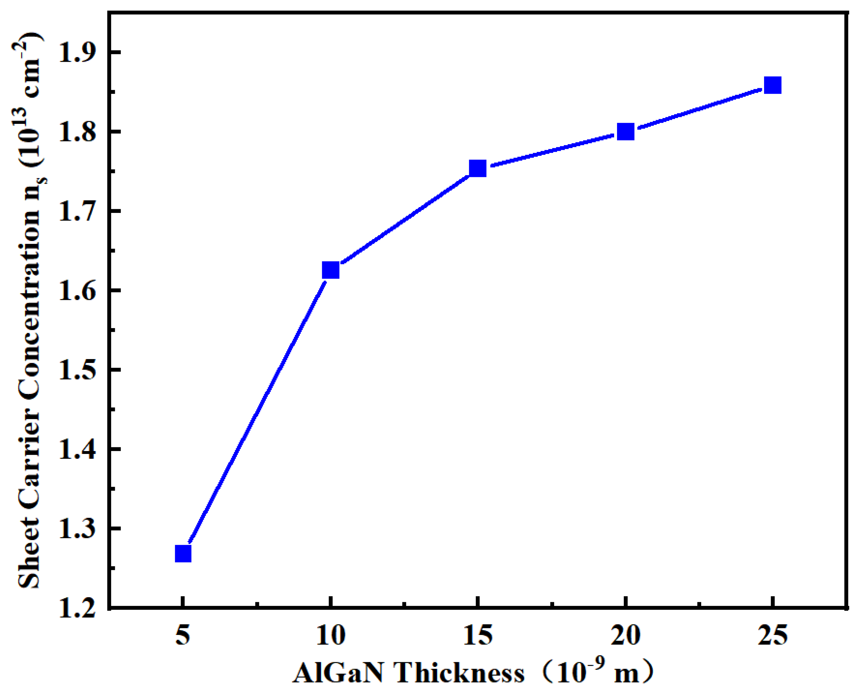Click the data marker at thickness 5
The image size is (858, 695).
coord(183,554)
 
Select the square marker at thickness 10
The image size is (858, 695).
coord(331,270)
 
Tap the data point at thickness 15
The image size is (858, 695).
coord(478,169)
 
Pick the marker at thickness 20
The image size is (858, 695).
coord(625,131)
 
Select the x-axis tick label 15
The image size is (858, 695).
coord(478,635)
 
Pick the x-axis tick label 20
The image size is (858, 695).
coord(625,635)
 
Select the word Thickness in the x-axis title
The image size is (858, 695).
coord(460,673)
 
